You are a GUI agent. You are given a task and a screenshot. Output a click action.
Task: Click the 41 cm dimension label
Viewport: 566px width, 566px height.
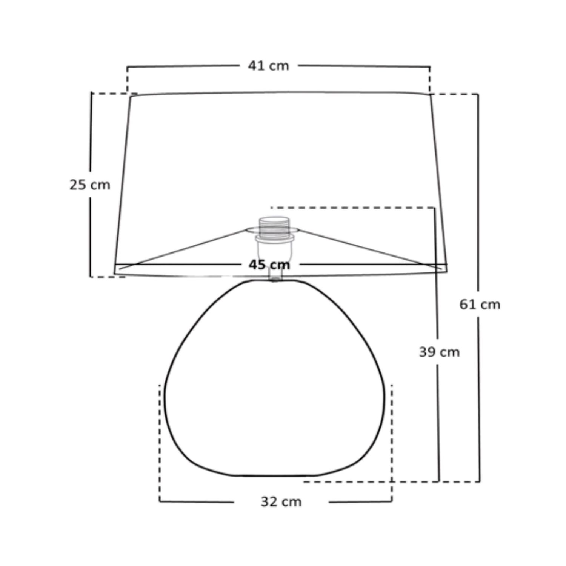click(268, 66)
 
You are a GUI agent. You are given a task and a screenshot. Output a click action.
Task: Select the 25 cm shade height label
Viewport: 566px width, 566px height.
click(90, 185)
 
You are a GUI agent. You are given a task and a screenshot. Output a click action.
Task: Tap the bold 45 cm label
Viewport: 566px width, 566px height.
click(269, 265)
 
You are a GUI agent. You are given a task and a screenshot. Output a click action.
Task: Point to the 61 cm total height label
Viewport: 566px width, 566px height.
click(480, 304)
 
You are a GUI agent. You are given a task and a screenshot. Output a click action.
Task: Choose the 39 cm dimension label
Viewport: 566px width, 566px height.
click(439, 352)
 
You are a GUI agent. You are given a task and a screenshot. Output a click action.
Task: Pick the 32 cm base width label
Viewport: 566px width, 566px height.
click(281, 502)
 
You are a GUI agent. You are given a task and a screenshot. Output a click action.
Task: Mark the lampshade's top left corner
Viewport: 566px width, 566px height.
click(130, 97)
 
